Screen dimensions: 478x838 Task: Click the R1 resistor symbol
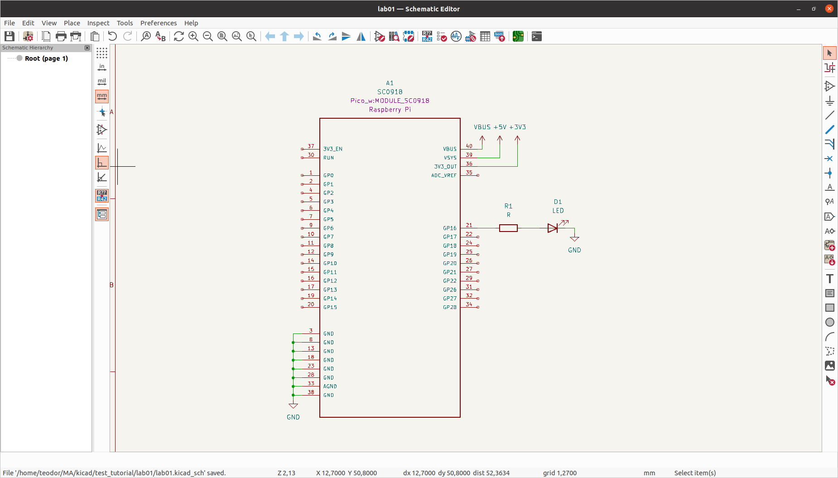[508, 228]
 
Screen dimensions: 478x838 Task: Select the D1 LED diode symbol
[553, 228]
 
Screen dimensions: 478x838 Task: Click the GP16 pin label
[449, 228]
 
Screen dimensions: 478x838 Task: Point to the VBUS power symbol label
[482, 127]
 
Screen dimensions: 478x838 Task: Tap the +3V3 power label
[518, 127]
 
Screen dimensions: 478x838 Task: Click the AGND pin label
[330, 386]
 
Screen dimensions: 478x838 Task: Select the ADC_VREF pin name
[443, 175]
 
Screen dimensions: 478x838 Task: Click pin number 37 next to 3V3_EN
[311, 146]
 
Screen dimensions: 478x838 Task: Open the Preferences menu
[158, 23]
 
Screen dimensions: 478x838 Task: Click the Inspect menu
[98, 23]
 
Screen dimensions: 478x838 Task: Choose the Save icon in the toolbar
[10, 36]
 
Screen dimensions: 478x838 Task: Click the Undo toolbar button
[112, 36]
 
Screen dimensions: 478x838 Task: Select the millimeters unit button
[102, 96]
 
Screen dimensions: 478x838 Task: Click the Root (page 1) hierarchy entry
[46, 58]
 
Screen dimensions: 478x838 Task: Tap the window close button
[829, 9]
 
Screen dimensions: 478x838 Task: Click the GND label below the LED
[574, 250]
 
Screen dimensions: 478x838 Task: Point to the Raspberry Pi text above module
[390, 110]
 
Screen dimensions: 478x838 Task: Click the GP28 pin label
[449, 307]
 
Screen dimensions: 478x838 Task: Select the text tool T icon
[829, 279]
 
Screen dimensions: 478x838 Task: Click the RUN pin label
[328, 158]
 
